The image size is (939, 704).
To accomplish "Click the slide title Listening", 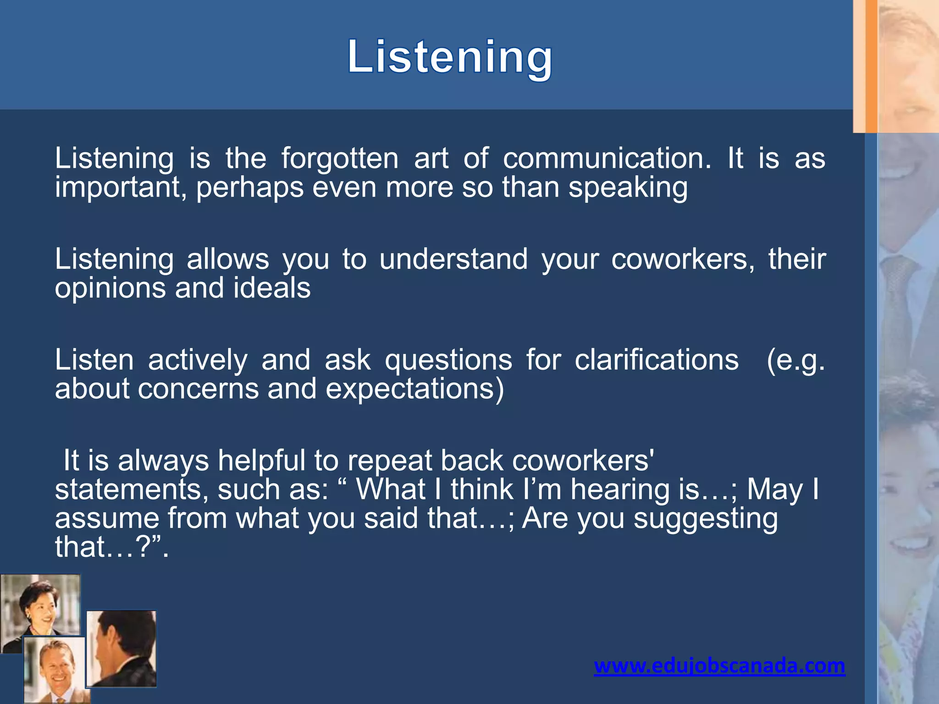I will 450,57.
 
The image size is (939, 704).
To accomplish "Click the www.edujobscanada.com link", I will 719,665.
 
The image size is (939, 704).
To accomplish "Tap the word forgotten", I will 340,159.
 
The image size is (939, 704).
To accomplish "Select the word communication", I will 607,159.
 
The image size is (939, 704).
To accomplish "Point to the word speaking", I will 628,188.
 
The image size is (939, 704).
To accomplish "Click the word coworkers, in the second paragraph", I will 683,259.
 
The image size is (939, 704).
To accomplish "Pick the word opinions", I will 110,289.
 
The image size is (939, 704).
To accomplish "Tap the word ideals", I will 272,288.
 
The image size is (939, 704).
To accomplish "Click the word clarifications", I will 657,360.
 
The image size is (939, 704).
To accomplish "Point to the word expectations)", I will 415,389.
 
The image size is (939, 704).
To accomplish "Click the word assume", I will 107,519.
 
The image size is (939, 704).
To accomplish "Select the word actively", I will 197,360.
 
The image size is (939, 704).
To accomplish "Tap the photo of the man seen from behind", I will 122,649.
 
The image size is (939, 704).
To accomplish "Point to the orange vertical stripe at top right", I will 871,66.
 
